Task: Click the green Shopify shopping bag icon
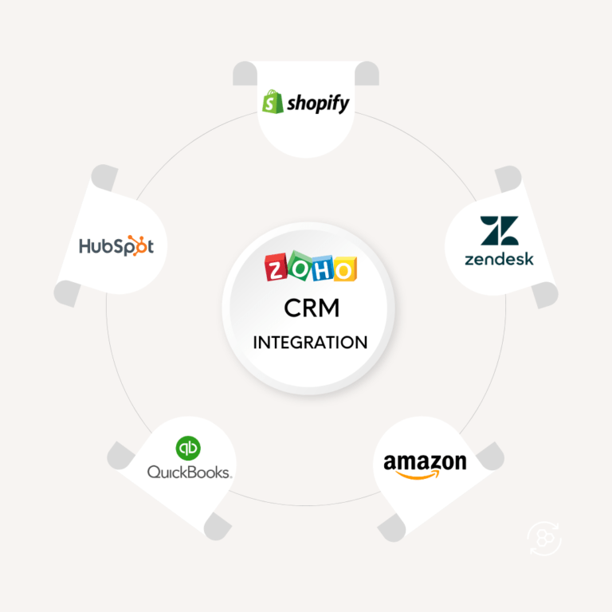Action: (x=273, y=101)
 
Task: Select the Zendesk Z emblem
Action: (x=500, y=230)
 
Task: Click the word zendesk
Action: (x=500, y=258)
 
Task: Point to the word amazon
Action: (x=425, y=462)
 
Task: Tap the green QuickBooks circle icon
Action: (x=189, y=448)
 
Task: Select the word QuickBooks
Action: (x=189, y=472)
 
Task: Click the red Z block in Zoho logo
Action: (x=277, y=269)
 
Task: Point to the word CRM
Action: (x=310, y=307)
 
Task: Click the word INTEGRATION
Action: (x=310, y=343)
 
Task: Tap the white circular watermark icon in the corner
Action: (x=544, y=538)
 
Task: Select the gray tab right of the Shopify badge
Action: (x=367, y=74)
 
